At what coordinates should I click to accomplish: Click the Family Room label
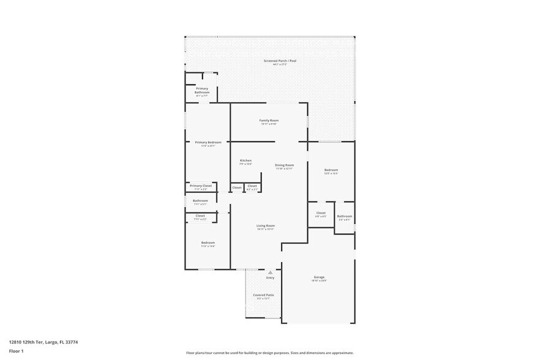[269, 121]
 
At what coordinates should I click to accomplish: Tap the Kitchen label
[245, 160]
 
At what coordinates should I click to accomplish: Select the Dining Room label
[284, 165]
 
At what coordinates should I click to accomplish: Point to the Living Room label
[265, 226]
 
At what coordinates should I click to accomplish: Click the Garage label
[319, 277]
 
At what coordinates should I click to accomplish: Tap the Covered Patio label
[263, 295]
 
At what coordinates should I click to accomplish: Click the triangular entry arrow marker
[269, 272]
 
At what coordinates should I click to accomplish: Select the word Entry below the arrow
[270, 278]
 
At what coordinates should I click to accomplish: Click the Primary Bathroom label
[202, 90]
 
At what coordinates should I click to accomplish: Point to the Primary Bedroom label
[208, 142]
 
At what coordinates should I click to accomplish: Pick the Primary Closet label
[200, 186]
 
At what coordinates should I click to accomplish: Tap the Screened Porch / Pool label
[280, 61]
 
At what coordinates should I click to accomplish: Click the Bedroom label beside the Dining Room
[331, 170]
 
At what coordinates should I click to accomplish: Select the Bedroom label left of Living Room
[208, 242]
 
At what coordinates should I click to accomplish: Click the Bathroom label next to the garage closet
[344, 216]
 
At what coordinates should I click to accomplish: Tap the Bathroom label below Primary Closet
[200, 200]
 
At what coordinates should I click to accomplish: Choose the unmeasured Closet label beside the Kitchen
[236, 187]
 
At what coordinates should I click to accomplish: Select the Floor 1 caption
[16, 351]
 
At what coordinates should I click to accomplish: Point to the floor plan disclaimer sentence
[269, 353]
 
